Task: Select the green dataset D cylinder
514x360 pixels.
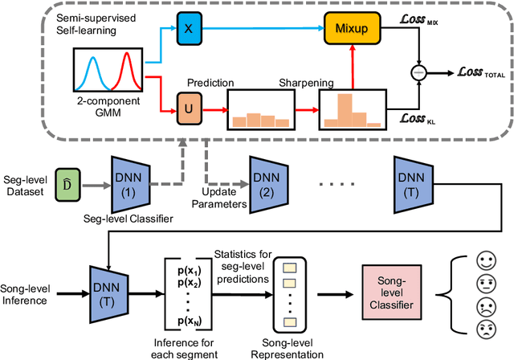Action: pyautogui.click(x=66, y=187)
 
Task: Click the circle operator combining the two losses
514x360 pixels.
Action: pyautogui.click(x=426, y=72)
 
